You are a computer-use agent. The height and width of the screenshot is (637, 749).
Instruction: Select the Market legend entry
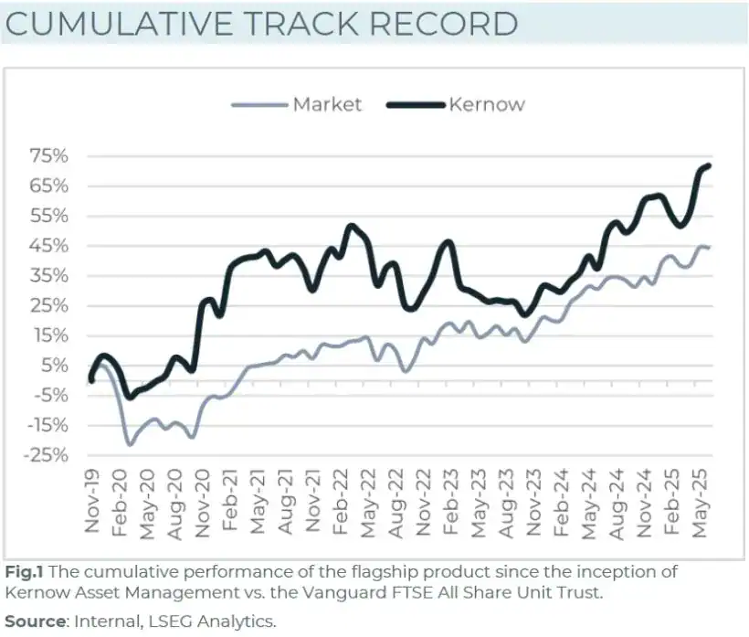pyautogui.click(x=326, y=104)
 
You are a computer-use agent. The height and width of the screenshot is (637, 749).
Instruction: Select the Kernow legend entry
pyautogui.click(x=486, y=104)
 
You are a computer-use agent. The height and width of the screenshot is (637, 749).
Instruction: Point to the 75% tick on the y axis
pyautogui.click(x=48, y=156)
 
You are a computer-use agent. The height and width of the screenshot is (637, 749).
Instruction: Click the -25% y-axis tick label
pyautogui.click(x=46, y=455)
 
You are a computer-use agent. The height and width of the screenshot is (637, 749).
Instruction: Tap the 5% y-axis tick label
pyautogui.click(x=53, y=366)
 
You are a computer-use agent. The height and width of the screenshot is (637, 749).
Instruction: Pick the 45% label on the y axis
pyautogui.click(x=48, y=246)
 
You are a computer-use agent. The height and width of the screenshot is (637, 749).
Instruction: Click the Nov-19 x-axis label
pyautogui.click(x=92, y=502)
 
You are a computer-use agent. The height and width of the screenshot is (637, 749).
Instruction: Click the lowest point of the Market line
pyautogui.click(x=130, y=444)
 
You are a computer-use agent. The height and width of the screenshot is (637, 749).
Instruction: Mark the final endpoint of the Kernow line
pyautogui.click(x=710, y=165)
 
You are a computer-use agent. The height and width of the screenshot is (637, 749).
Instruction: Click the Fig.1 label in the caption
pyautogui.click(x=24, y=572)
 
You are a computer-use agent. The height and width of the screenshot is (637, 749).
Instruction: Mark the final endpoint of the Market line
pyautogui.click(x=710, y=248)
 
